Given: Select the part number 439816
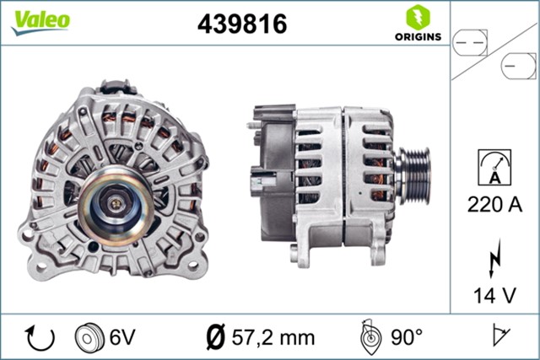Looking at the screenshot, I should (x=241, y=24).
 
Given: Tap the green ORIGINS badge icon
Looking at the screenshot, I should (x=415, y=17).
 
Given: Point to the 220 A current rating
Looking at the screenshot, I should (x=495, y=203).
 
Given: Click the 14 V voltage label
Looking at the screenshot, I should (x=495, y=295).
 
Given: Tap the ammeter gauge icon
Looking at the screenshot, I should (x=494, y=165).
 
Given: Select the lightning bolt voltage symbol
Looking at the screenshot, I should (x=495, y=259).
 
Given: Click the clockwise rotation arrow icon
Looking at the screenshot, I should (x=40, y=337).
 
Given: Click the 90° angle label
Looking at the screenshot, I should (x=406, y=337).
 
